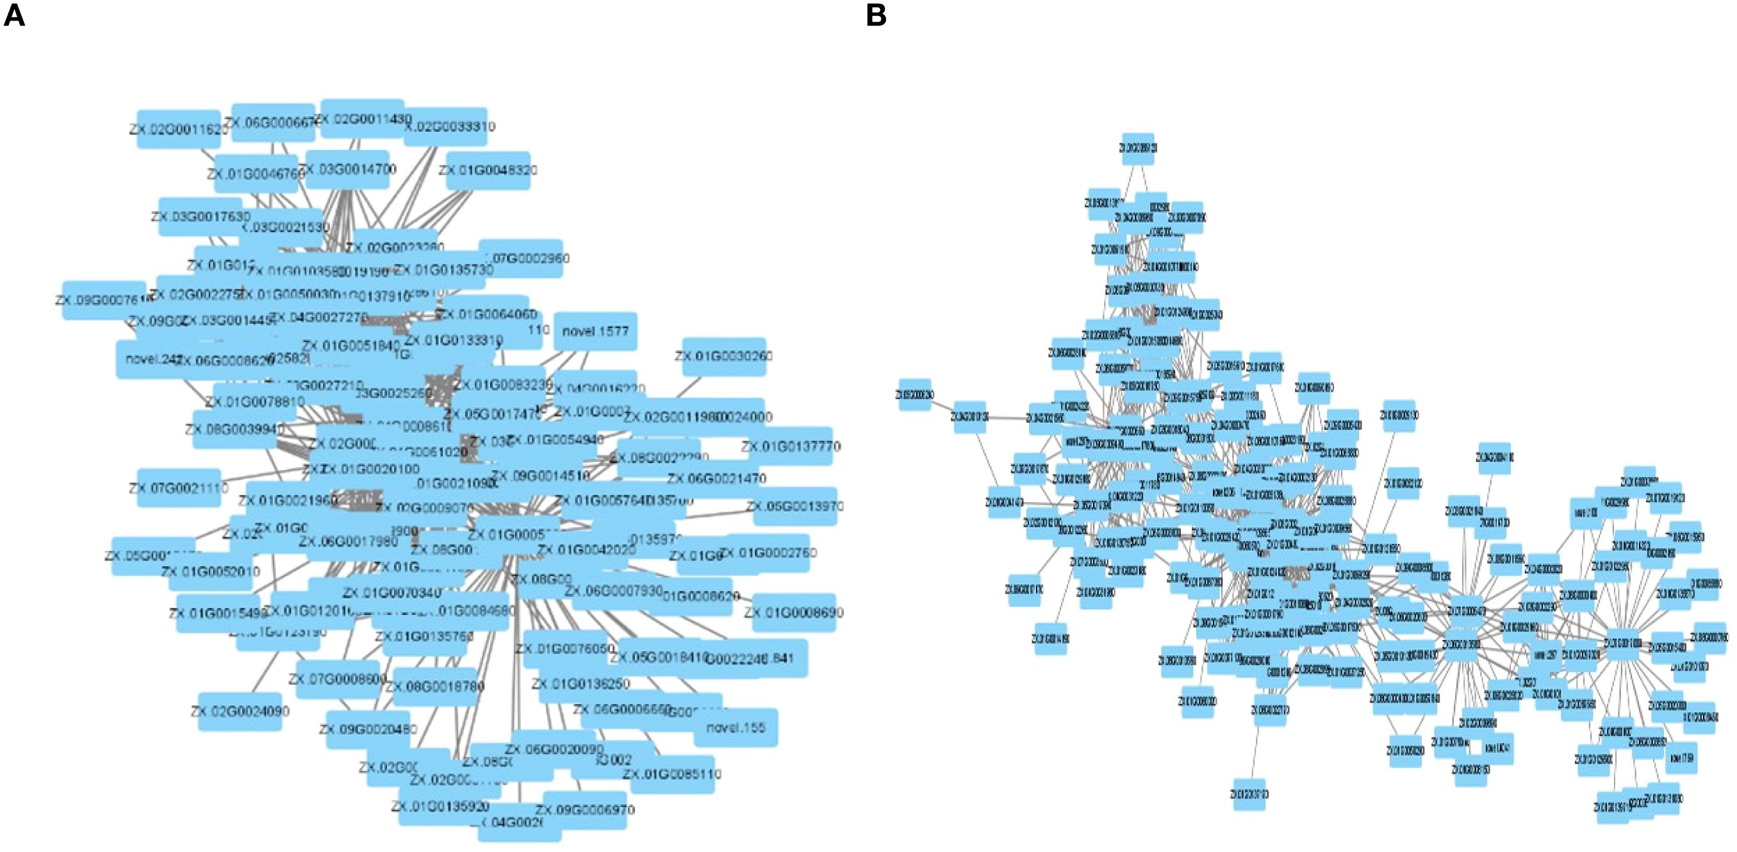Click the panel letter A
point(14,15)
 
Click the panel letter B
point(875,15)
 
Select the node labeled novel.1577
point(595,331)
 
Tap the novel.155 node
point(735,727)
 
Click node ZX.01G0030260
point(723,356)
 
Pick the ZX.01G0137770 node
point(790,446)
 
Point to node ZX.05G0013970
point(795,506)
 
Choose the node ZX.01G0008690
point(794,612)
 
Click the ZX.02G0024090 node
point(240,711)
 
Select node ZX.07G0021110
point(179,488)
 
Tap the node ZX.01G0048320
point(488,170)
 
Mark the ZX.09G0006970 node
point(585,810)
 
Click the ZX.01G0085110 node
point(671,774)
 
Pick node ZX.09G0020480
point(368,729)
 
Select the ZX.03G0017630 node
point(201,217)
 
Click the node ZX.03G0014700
point(347,169)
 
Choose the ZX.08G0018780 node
point(435,687)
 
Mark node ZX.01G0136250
point(580,684)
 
